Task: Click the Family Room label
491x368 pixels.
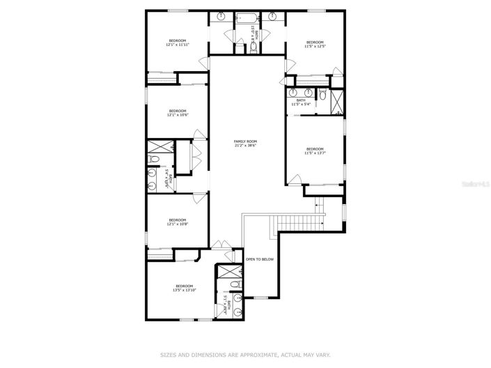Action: point(245,144)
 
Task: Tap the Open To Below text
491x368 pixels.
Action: point(259,259)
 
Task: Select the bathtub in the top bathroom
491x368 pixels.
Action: point(246,19)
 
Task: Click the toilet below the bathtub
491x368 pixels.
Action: point(254,46)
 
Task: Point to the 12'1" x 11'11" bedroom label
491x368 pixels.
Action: point(178,43)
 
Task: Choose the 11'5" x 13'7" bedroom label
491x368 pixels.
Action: point(315,151)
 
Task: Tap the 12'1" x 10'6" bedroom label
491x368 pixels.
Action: point(178,113)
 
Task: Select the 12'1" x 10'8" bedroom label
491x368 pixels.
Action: point(177,222)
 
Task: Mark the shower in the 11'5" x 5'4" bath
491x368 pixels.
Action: point(338,102)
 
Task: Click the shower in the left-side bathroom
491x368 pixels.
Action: point(157,147)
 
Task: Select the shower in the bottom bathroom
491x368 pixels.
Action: point(227,274)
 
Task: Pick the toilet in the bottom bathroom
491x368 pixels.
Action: point(235,285)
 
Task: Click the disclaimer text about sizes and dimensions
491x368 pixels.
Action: point(245,354)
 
